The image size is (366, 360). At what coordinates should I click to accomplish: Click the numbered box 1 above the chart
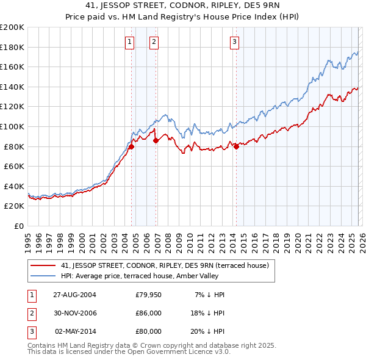tap(130, 42)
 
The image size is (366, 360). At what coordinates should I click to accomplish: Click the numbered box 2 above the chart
tap(154, 42)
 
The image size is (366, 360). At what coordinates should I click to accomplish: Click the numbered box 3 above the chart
tap(235, 42)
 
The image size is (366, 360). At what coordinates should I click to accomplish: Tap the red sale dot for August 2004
tap(131, 146)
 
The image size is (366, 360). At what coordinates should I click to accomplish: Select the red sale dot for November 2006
tap(156, 140)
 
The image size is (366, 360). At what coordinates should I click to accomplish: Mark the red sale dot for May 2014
tap(236, 146)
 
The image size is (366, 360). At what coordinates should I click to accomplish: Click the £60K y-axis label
tap(14, 166)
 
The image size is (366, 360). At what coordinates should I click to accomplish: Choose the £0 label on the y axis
tap(19, 226)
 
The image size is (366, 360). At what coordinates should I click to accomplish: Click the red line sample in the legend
tap(43, 265)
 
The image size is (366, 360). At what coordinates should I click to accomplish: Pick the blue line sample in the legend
tap(43, 276)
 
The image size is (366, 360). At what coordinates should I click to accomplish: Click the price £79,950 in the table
tap(148, 295)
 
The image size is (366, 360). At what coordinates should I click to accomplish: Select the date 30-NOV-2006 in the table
tap(74, 313)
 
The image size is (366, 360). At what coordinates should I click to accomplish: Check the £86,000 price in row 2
tap(148, 313)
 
